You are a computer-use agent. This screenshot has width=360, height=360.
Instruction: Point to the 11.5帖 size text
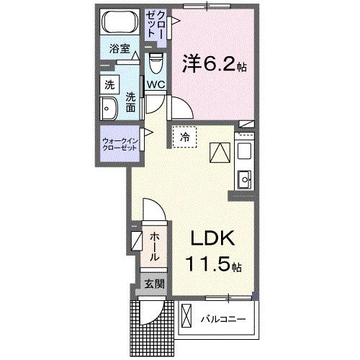point(214,264)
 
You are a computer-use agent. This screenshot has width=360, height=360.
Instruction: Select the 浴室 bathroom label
point(119,50)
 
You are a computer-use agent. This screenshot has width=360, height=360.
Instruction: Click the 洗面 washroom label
point(130,102)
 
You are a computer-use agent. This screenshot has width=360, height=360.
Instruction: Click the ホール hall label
point(156,246)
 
